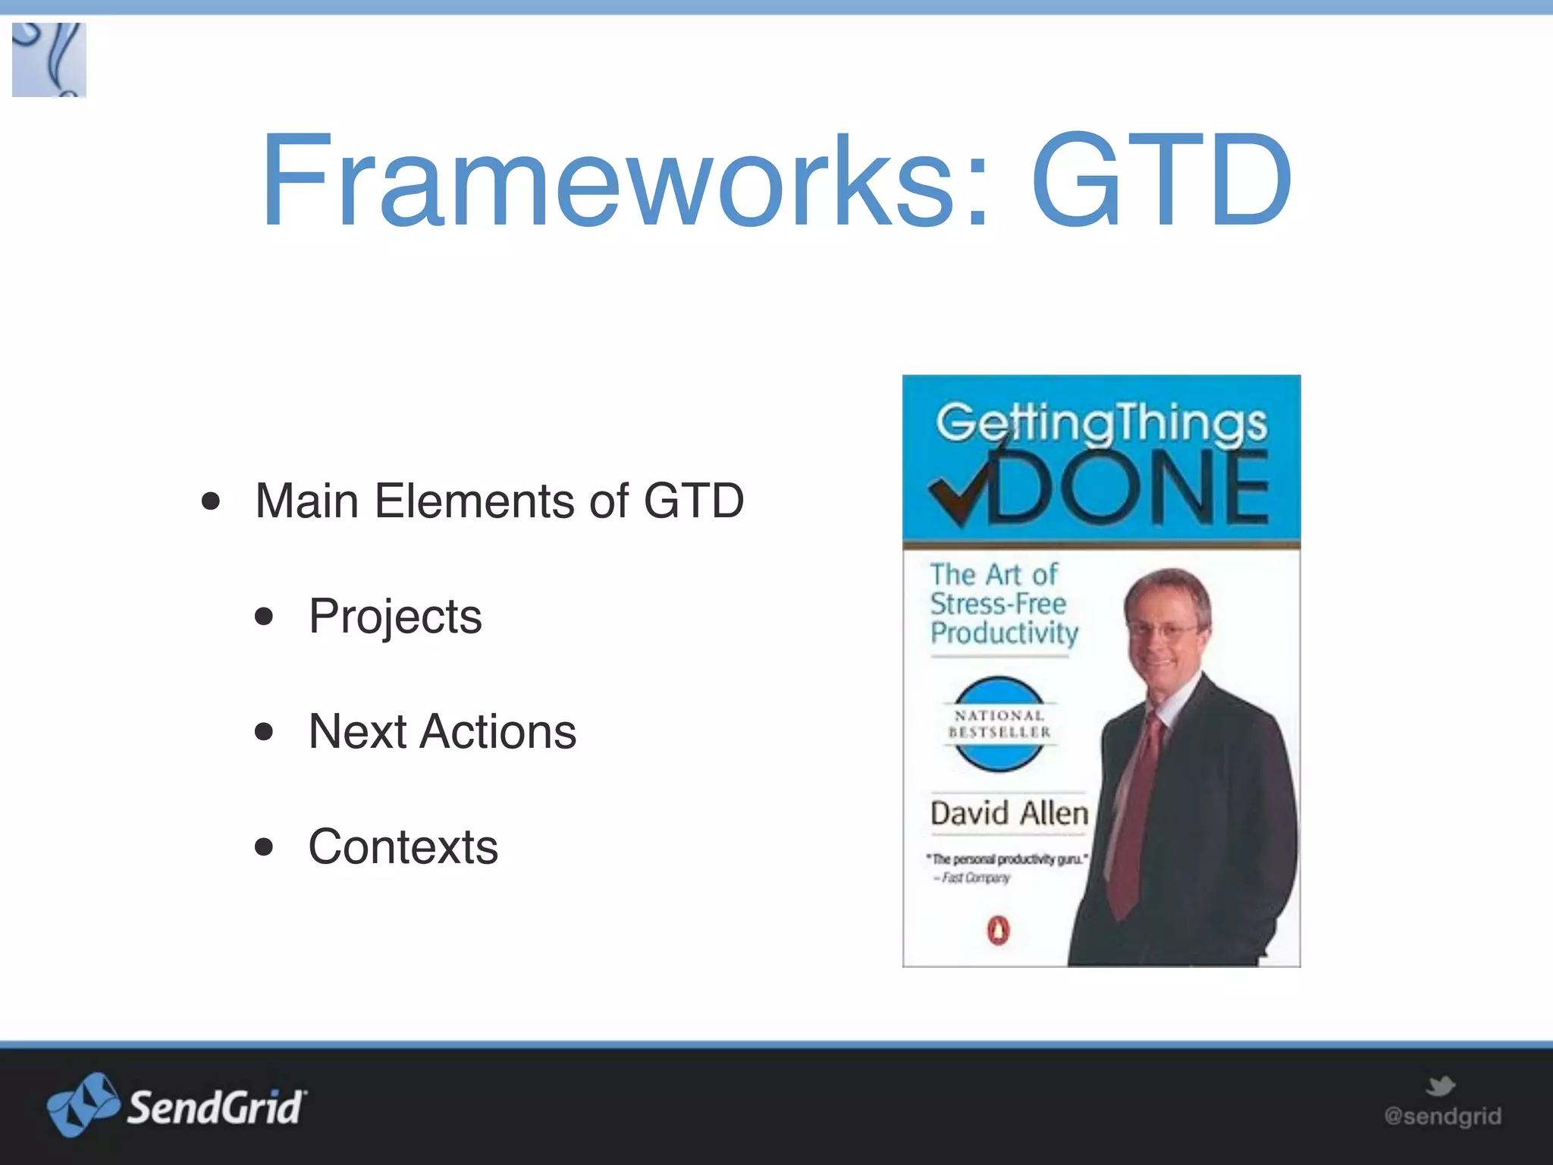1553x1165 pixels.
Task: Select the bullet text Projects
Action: [394, 616]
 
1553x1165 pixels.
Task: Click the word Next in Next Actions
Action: [358, 731]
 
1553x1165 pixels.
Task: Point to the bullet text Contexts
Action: [403, 846]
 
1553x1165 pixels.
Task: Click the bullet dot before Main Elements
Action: [211, 501]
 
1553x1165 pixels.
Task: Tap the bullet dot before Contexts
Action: [264, 846]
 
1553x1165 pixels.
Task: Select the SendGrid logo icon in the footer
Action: [82, 1104]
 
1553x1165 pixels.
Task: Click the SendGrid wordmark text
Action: [215, 1107]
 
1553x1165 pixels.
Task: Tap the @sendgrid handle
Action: [1442, 1116]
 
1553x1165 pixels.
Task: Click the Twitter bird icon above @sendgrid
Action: [1440, 1086]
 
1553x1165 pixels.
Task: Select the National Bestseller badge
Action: [999, 724]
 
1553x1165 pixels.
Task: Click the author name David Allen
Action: [1009, 813]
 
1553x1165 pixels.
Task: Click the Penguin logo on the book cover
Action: [999, 929]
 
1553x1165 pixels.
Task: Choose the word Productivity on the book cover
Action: [1004, 633]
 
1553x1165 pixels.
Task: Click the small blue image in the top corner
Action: [49, 60]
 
